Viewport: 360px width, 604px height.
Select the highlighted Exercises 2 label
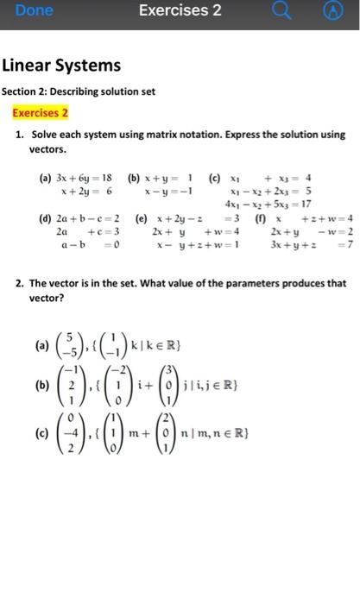[40, 112]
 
